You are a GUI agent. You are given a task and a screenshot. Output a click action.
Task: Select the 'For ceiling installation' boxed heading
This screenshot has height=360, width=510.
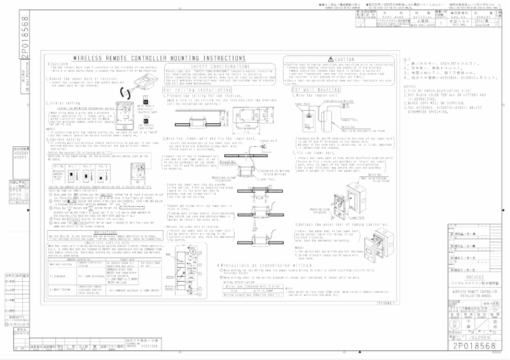tap(192, 90)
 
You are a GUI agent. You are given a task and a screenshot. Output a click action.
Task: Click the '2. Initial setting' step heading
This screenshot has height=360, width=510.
tap(64, 102)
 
